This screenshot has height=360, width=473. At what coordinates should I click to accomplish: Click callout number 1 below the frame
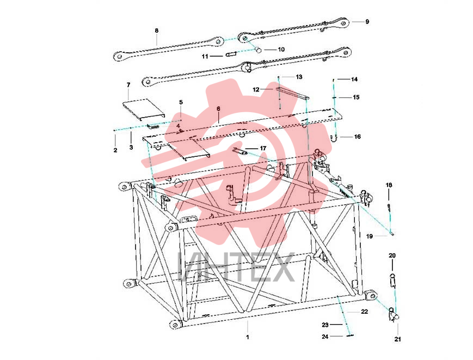coord(247,337)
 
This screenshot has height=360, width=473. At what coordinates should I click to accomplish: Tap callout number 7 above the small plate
coord(128,85)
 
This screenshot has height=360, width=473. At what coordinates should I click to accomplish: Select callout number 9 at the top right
coord(367,22)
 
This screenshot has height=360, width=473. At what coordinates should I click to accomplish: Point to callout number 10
coord(281,49)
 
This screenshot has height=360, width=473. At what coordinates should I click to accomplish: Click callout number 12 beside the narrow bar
coord(256,90)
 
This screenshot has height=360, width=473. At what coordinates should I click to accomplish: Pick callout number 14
coord(354,80)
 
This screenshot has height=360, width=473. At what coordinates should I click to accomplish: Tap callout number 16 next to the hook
coord(358,137)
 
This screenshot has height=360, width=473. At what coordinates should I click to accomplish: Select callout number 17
coord(263,149)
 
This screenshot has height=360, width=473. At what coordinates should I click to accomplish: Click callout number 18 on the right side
coord(389,185)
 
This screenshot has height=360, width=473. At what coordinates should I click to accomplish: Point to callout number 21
coord(398,339)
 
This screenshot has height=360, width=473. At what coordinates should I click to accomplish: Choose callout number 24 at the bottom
coord(325,337)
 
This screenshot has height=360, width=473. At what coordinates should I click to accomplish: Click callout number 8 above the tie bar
coord(157,30)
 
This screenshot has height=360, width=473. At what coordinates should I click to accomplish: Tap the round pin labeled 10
coord(259,50)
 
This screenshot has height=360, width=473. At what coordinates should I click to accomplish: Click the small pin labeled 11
coord(230,54)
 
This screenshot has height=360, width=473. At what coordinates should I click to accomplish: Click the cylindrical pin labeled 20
coord(393,280)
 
